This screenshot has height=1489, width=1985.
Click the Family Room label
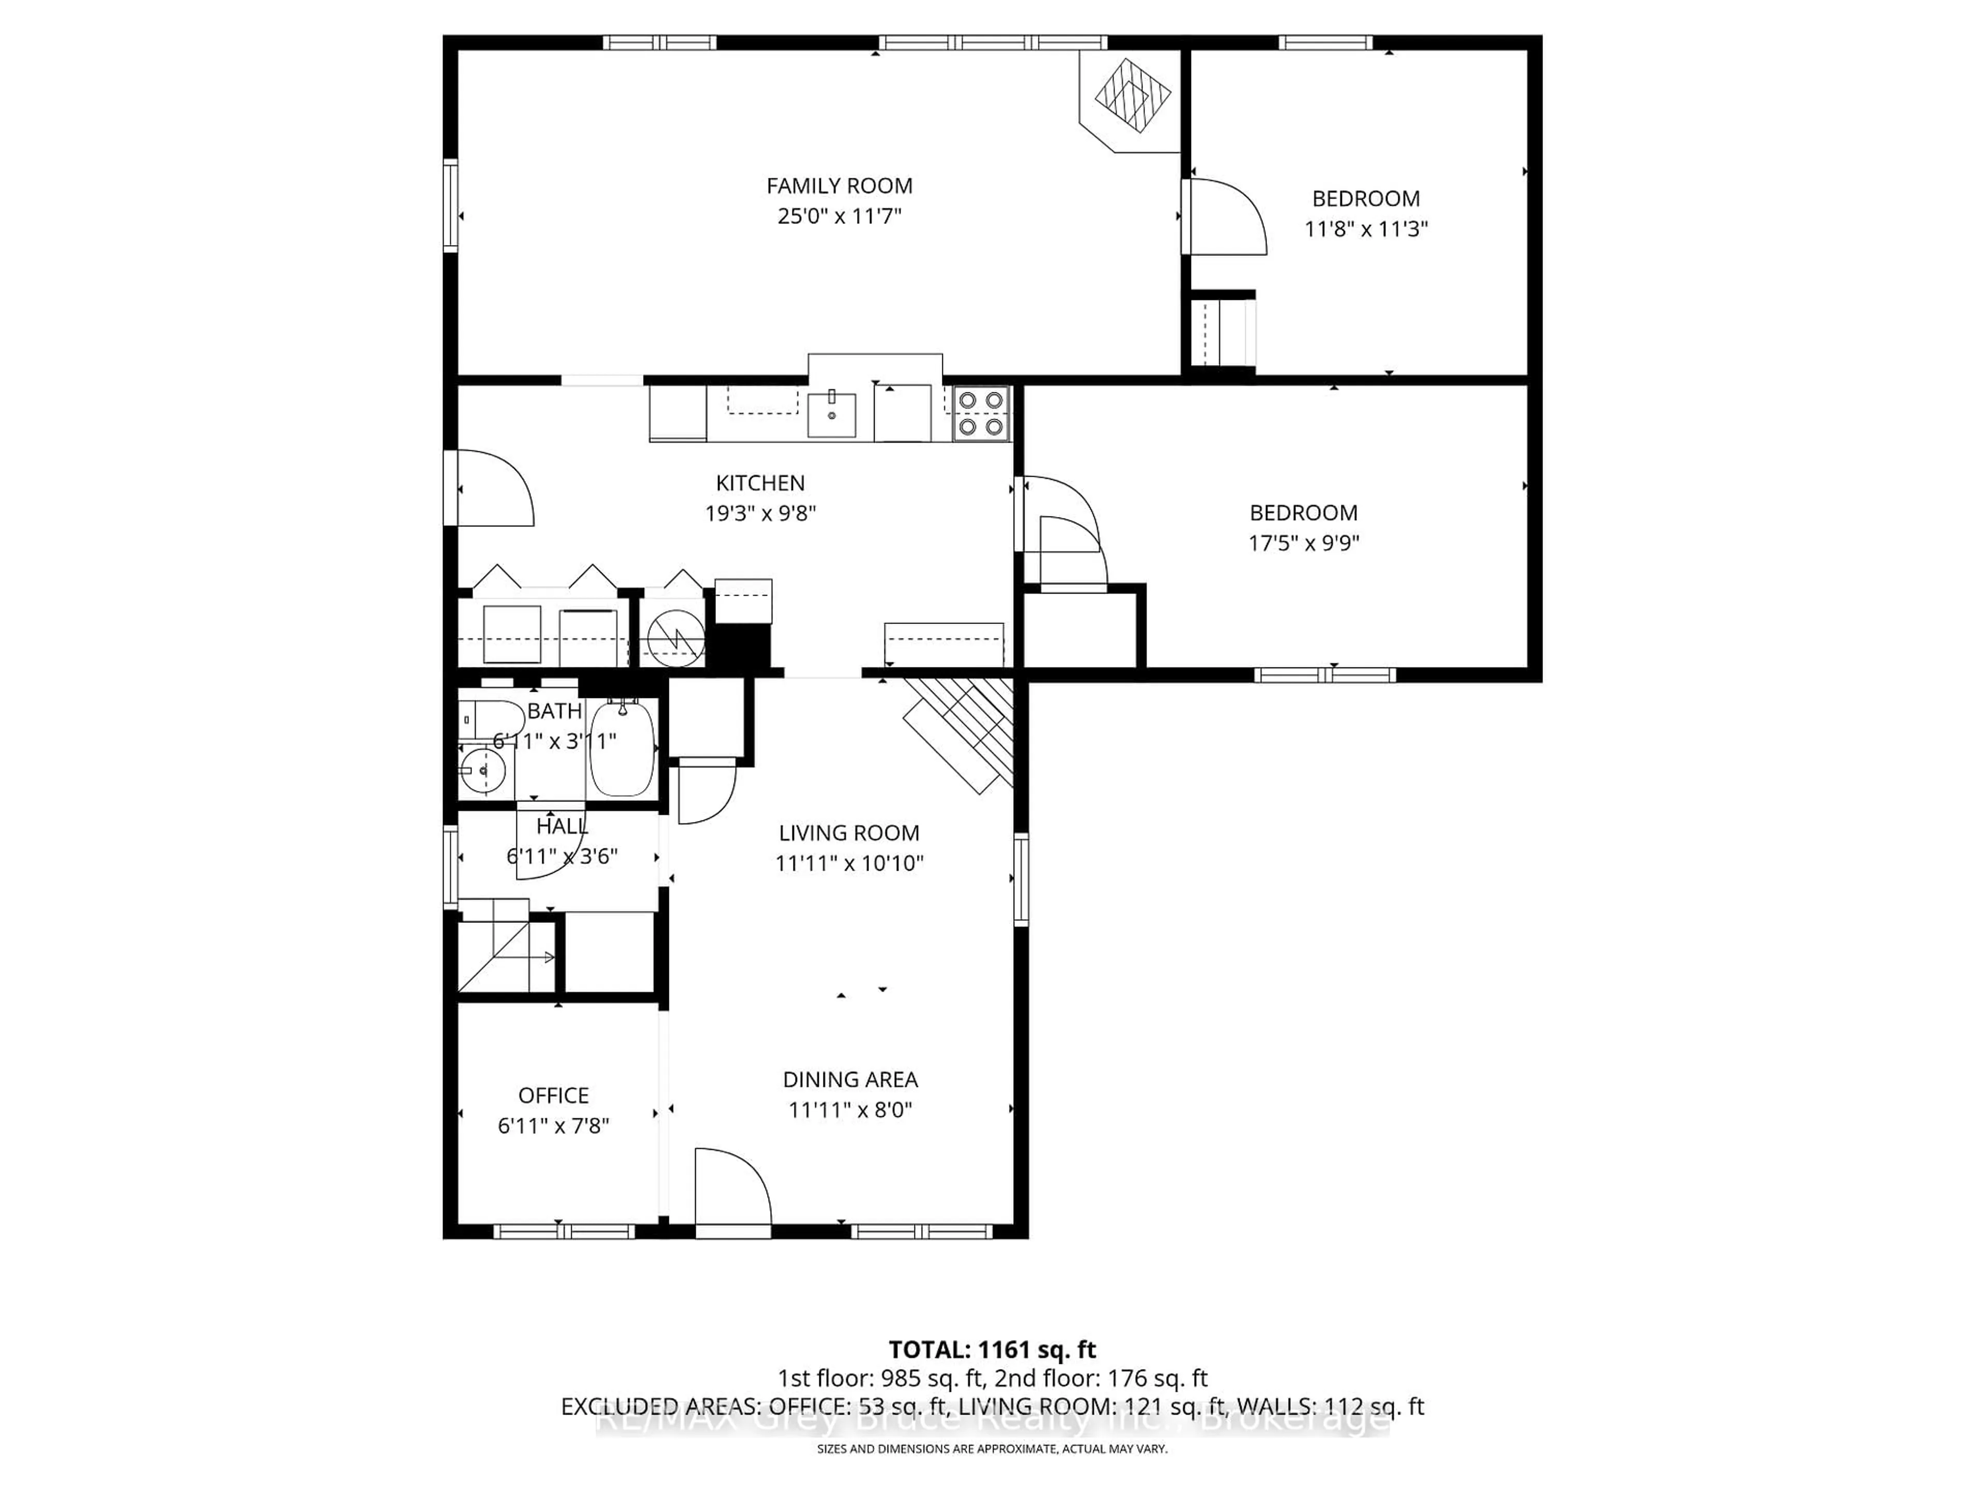(x=839, y=186)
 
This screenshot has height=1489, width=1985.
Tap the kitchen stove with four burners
(x=980, y=413)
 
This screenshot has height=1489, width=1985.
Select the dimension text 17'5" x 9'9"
(x=1304, y=543)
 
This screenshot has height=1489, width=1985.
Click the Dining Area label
(x=850, y=1079)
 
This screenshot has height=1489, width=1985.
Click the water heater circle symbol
(x=673, y=637)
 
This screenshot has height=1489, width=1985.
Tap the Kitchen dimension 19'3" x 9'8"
(x=760, y=513)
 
